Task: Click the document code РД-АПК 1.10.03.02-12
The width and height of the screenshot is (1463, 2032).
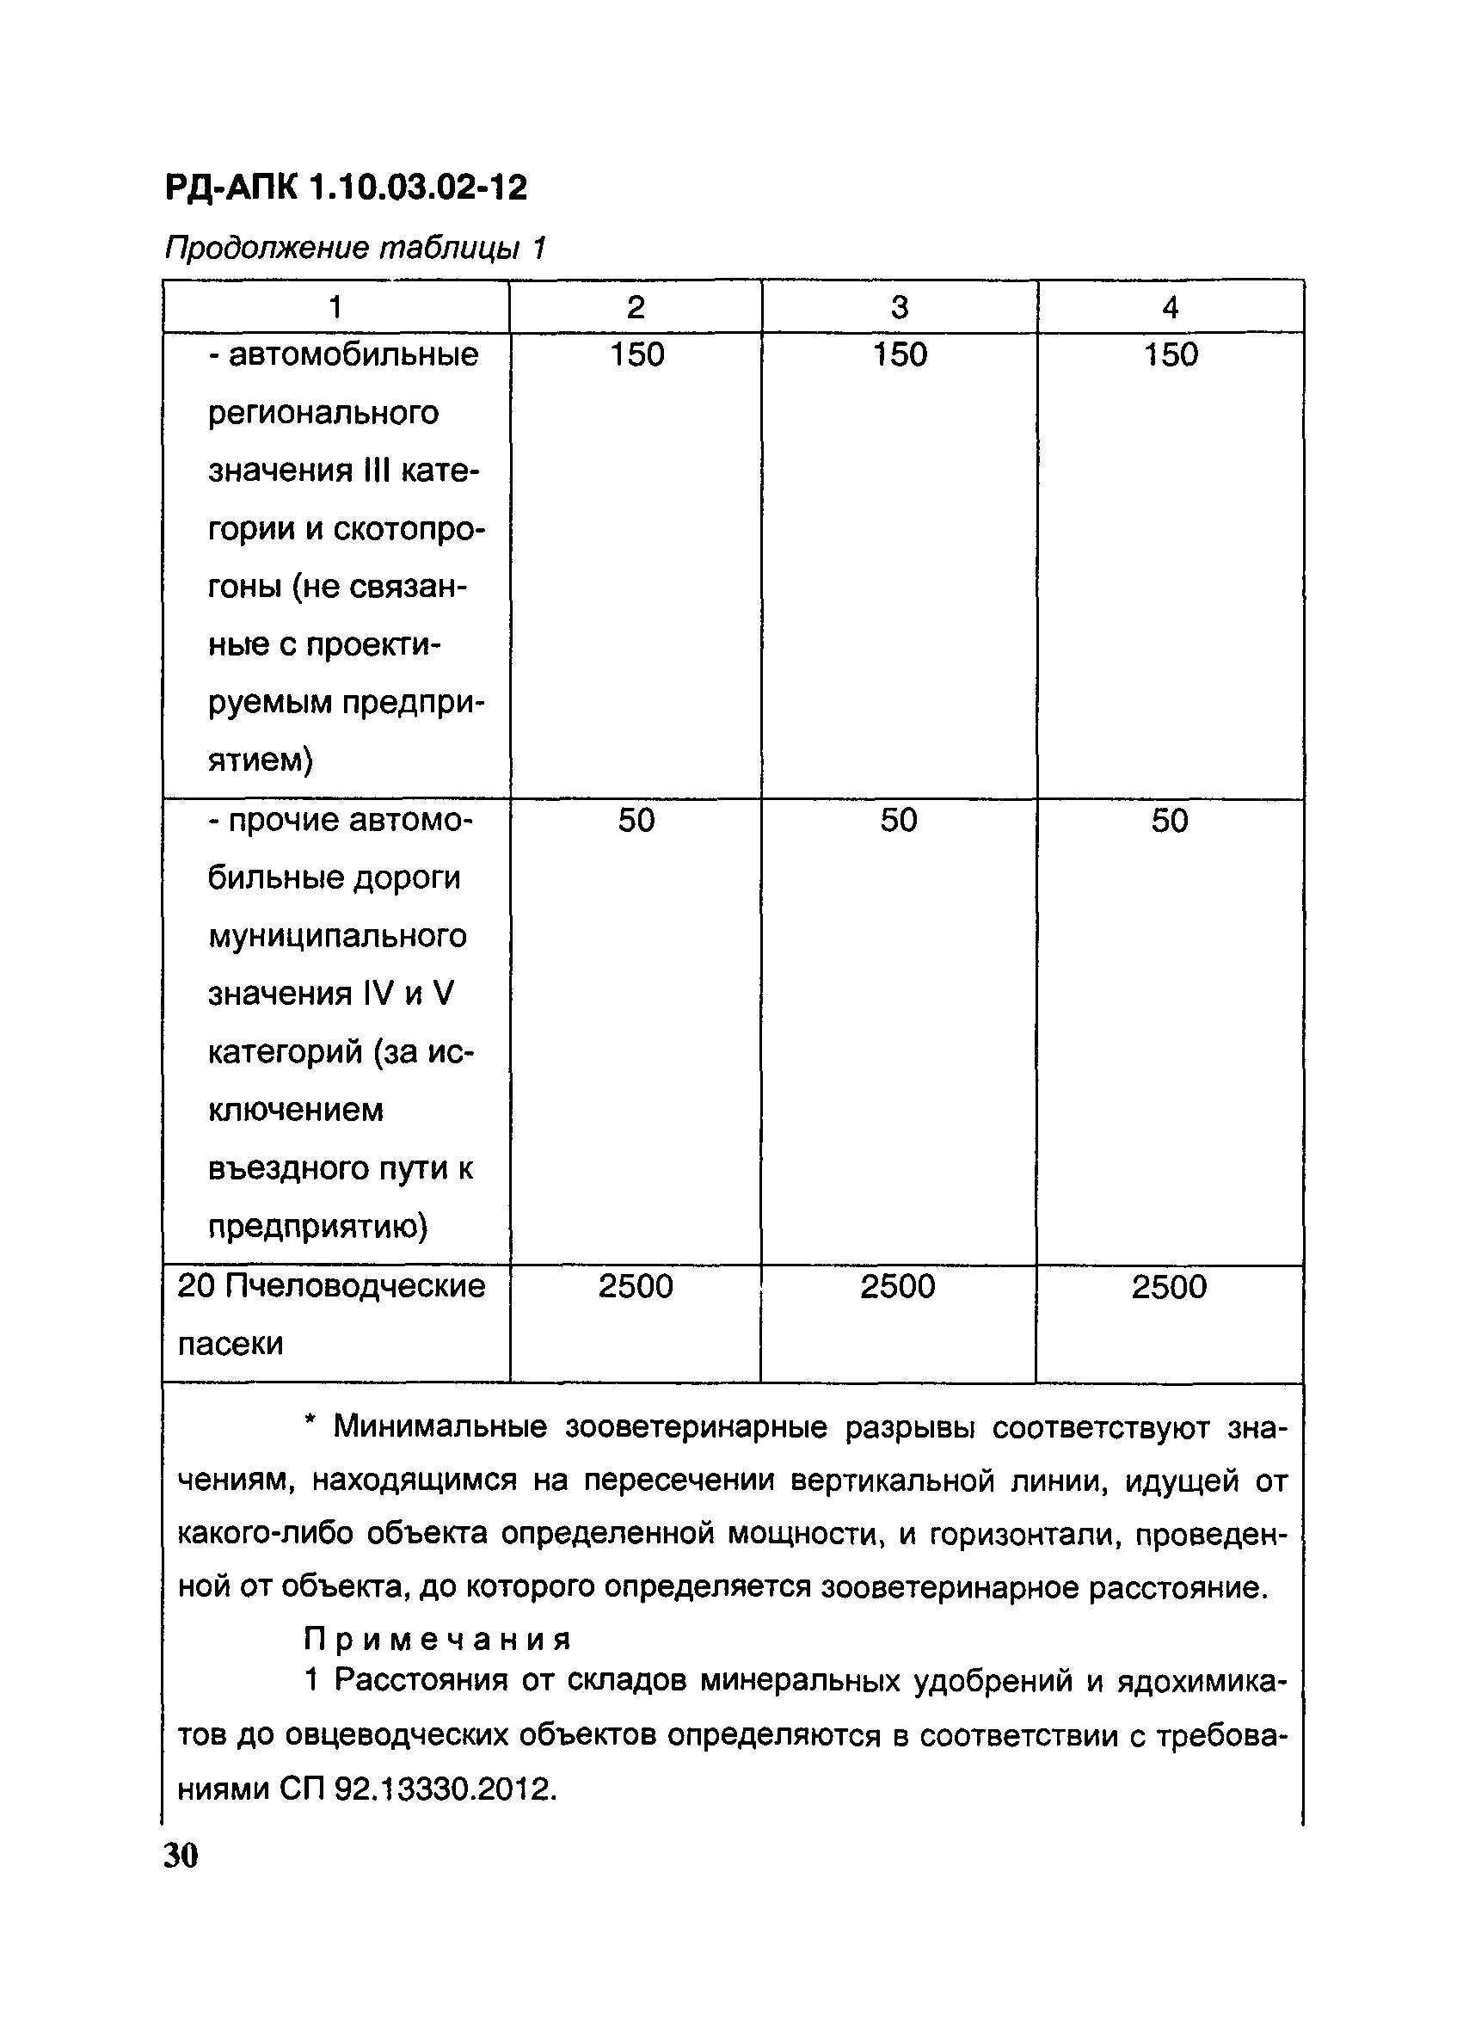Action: tap(346, 188)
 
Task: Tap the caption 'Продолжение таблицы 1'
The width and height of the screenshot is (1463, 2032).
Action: tap(354, 247)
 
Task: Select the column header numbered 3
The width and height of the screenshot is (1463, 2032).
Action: tap(900, 307)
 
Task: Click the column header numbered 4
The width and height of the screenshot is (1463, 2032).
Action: tap(1170, 307)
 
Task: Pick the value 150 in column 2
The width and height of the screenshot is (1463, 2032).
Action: tap(636, 354)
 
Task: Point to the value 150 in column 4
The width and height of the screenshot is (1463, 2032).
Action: tap(1170, 354)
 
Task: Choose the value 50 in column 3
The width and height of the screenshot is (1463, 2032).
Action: tap(899, 820)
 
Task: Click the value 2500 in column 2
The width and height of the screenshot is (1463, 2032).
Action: tap(636, 1287)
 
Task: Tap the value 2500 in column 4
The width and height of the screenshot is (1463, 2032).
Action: tap(1168, 1287)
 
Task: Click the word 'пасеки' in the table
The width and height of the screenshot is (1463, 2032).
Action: tap(231, 1344)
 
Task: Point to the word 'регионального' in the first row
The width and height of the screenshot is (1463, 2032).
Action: tap(323, 413)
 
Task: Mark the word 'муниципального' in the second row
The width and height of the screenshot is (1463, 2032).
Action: tap(337, 936)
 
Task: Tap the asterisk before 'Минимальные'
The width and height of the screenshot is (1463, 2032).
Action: tap(310, 1423)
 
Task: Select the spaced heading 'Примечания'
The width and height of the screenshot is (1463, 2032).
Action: tap(437, 1640)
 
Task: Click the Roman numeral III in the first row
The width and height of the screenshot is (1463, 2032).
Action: tap(373, 471)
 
